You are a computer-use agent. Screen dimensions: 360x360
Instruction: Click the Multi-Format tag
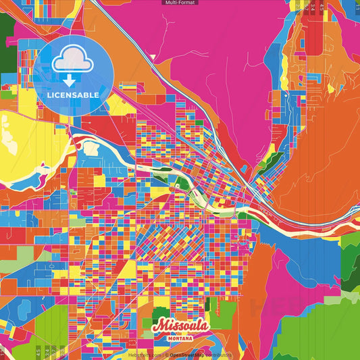click(x=180, y=3)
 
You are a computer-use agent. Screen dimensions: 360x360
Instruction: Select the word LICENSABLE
click(x=74, y=95)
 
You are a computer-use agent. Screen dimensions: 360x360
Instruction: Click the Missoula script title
click(x=180, y=326)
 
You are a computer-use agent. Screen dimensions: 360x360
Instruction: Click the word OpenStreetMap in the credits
click(x=191, y=354)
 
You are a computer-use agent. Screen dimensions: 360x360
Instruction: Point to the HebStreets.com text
click(x=143, y=354)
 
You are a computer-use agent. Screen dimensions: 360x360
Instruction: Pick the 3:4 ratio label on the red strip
click(x=313, y=6)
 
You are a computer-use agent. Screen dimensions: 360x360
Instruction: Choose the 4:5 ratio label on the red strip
click(x=321, y=6)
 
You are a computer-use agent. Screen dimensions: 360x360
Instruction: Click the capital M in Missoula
click(x=159, y=325)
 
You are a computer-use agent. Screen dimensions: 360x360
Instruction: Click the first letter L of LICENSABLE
click(x=50, y=95)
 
